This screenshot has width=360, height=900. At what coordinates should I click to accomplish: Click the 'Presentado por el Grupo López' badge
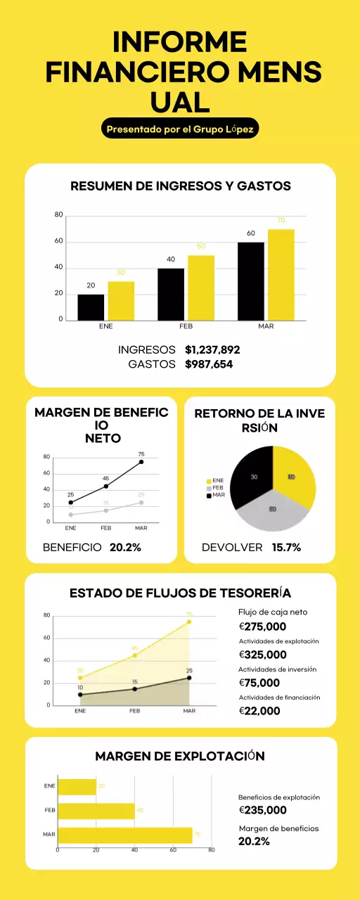pos(180,129)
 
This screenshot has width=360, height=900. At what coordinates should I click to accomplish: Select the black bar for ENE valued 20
pos(91,307)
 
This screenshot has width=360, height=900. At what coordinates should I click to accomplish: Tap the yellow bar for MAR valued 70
pos(281,275)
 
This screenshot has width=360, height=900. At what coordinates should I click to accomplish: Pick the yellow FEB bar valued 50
pos(200,288)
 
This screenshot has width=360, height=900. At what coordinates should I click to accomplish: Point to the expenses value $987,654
pos(209,364)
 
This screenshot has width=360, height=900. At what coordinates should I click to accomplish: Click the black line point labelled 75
pos(141,462)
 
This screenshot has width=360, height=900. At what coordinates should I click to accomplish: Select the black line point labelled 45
pos(106,486)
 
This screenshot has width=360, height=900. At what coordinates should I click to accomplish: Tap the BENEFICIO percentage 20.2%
pos(125,547)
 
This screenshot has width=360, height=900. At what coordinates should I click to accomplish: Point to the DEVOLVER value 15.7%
pos(286,547)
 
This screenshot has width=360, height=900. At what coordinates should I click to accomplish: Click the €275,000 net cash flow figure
pos(263,626)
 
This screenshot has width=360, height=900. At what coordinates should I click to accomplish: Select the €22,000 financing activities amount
pos(259,711)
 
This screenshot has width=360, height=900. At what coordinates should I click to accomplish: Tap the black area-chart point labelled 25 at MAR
pos(189,678)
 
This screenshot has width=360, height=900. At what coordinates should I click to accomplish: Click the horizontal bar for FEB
pos(96,811)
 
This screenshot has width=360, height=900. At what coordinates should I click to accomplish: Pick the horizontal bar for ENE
pos(77,786)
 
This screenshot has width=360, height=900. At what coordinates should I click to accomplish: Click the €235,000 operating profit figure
pos(263,810)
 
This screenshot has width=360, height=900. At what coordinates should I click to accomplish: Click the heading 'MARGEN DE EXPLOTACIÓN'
pos(180,757)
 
